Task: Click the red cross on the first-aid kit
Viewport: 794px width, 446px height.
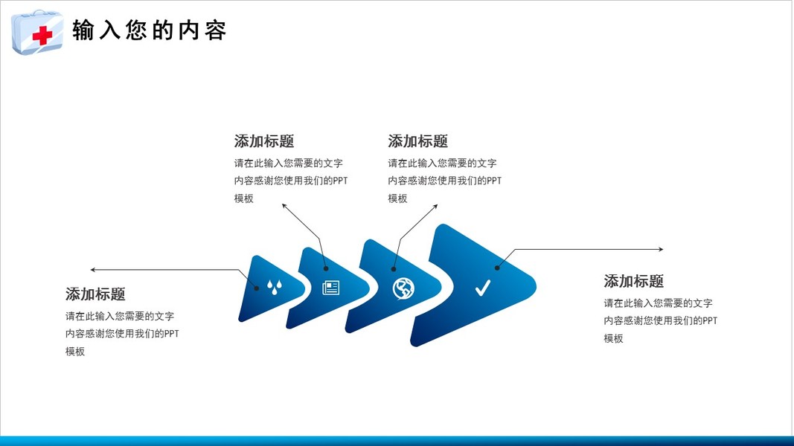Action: [x=42, y=35]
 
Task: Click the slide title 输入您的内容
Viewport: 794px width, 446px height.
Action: [x=149, y=31]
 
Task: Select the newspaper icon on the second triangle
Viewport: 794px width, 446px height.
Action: [x=330, y=288]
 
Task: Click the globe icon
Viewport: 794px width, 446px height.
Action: [x=403, y=288]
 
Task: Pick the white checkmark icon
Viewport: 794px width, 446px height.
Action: [x=482, y=288]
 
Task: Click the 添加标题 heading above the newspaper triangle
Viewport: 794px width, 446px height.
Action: [x=264, y=141]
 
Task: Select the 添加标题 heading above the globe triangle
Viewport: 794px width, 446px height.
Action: [x=417, y=141]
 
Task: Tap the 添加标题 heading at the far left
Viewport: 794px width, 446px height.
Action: [x=95, y=294]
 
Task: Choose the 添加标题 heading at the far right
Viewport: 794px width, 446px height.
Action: [x=633, y=281]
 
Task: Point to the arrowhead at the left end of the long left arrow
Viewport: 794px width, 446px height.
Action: [x=92, y=269]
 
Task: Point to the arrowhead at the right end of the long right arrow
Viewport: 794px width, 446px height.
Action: [x=661, y=250]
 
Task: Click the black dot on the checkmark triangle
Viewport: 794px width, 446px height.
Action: [x=497, y=268]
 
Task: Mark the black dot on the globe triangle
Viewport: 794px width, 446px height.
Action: [x=394, y=269]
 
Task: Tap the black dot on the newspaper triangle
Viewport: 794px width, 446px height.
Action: [x=325, y=269]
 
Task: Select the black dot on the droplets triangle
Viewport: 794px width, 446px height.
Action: [x=257, y=288]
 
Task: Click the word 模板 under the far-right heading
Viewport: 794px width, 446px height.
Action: [x=613, y=339]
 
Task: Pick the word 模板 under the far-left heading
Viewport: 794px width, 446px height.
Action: [x=75, y=352]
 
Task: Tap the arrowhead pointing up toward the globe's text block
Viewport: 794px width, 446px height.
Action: [x=436, y=207]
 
